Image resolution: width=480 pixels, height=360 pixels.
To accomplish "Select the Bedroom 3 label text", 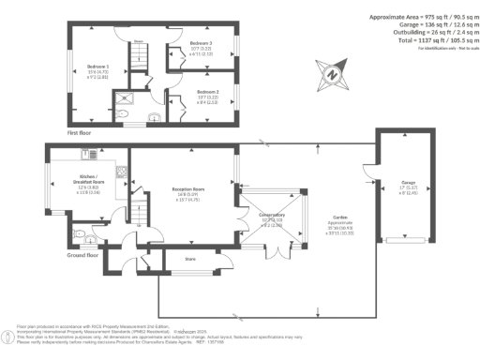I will [201, 44].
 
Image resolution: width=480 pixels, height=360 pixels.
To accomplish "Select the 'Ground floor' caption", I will [84, 254].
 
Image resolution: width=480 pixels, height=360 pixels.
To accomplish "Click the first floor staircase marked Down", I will [139, 49].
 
